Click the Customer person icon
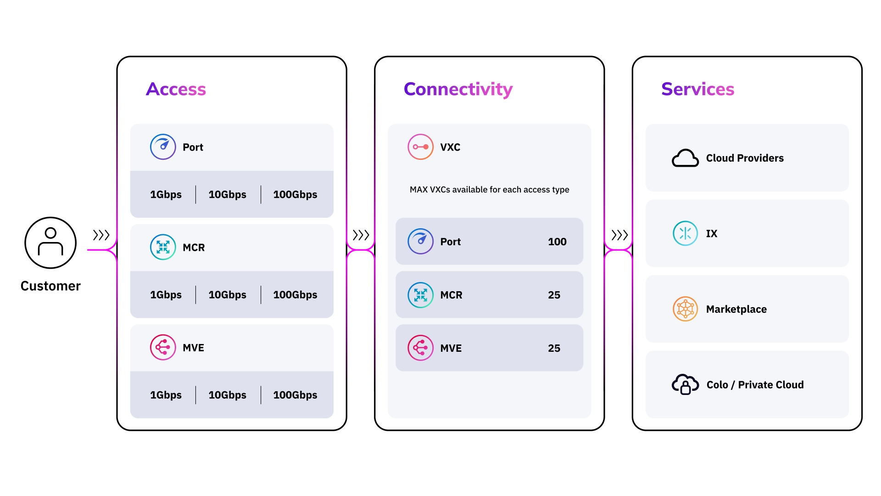[50, 242]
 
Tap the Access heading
[176, 89]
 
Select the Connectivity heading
[458, 89]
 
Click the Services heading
[697, 89]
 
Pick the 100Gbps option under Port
[295, 195]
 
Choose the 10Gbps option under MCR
[227, 295]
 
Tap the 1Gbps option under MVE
[166, 395]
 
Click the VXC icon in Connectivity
[420, 147]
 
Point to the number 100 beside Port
[557, 242]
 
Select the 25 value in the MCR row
[554, 295]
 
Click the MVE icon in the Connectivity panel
[420, 348]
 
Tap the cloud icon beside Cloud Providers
[685, 158]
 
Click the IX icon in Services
[685, 233]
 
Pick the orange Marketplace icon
[685, 309]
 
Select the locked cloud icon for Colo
[685, 384]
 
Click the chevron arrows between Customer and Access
[101, 235]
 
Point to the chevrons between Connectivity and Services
[619, 235]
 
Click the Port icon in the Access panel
[163, 147]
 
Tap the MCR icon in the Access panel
[163, 247]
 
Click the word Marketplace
[736, 309]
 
